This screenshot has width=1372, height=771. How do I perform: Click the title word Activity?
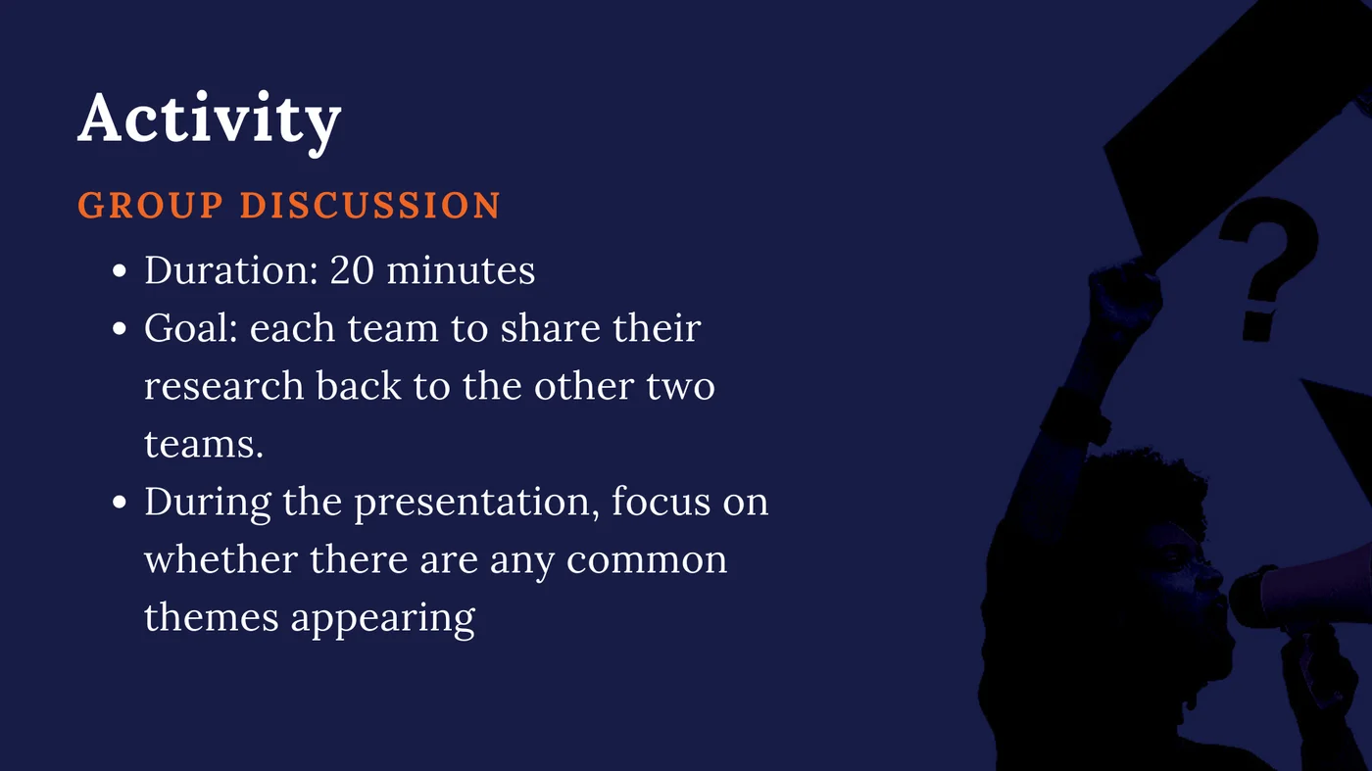209,120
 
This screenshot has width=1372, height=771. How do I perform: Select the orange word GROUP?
151,206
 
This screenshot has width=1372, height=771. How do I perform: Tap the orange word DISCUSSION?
370,206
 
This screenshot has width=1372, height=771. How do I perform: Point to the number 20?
351,270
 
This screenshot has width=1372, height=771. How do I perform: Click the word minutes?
461,270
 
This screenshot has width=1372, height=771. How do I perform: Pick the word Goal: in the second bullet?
191,328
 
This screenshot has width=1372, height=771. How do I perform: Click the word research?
224,386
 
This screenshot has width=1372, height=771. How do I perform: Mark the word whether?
221,560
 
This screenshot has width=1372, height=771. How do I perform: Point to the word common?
647,560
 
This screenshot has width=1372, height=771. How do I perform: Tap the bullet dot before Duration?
120,271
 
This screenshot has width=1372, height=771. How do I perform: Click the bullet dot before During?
120,504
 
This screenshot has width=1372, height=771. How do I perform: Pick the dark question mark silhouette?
1264,265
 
